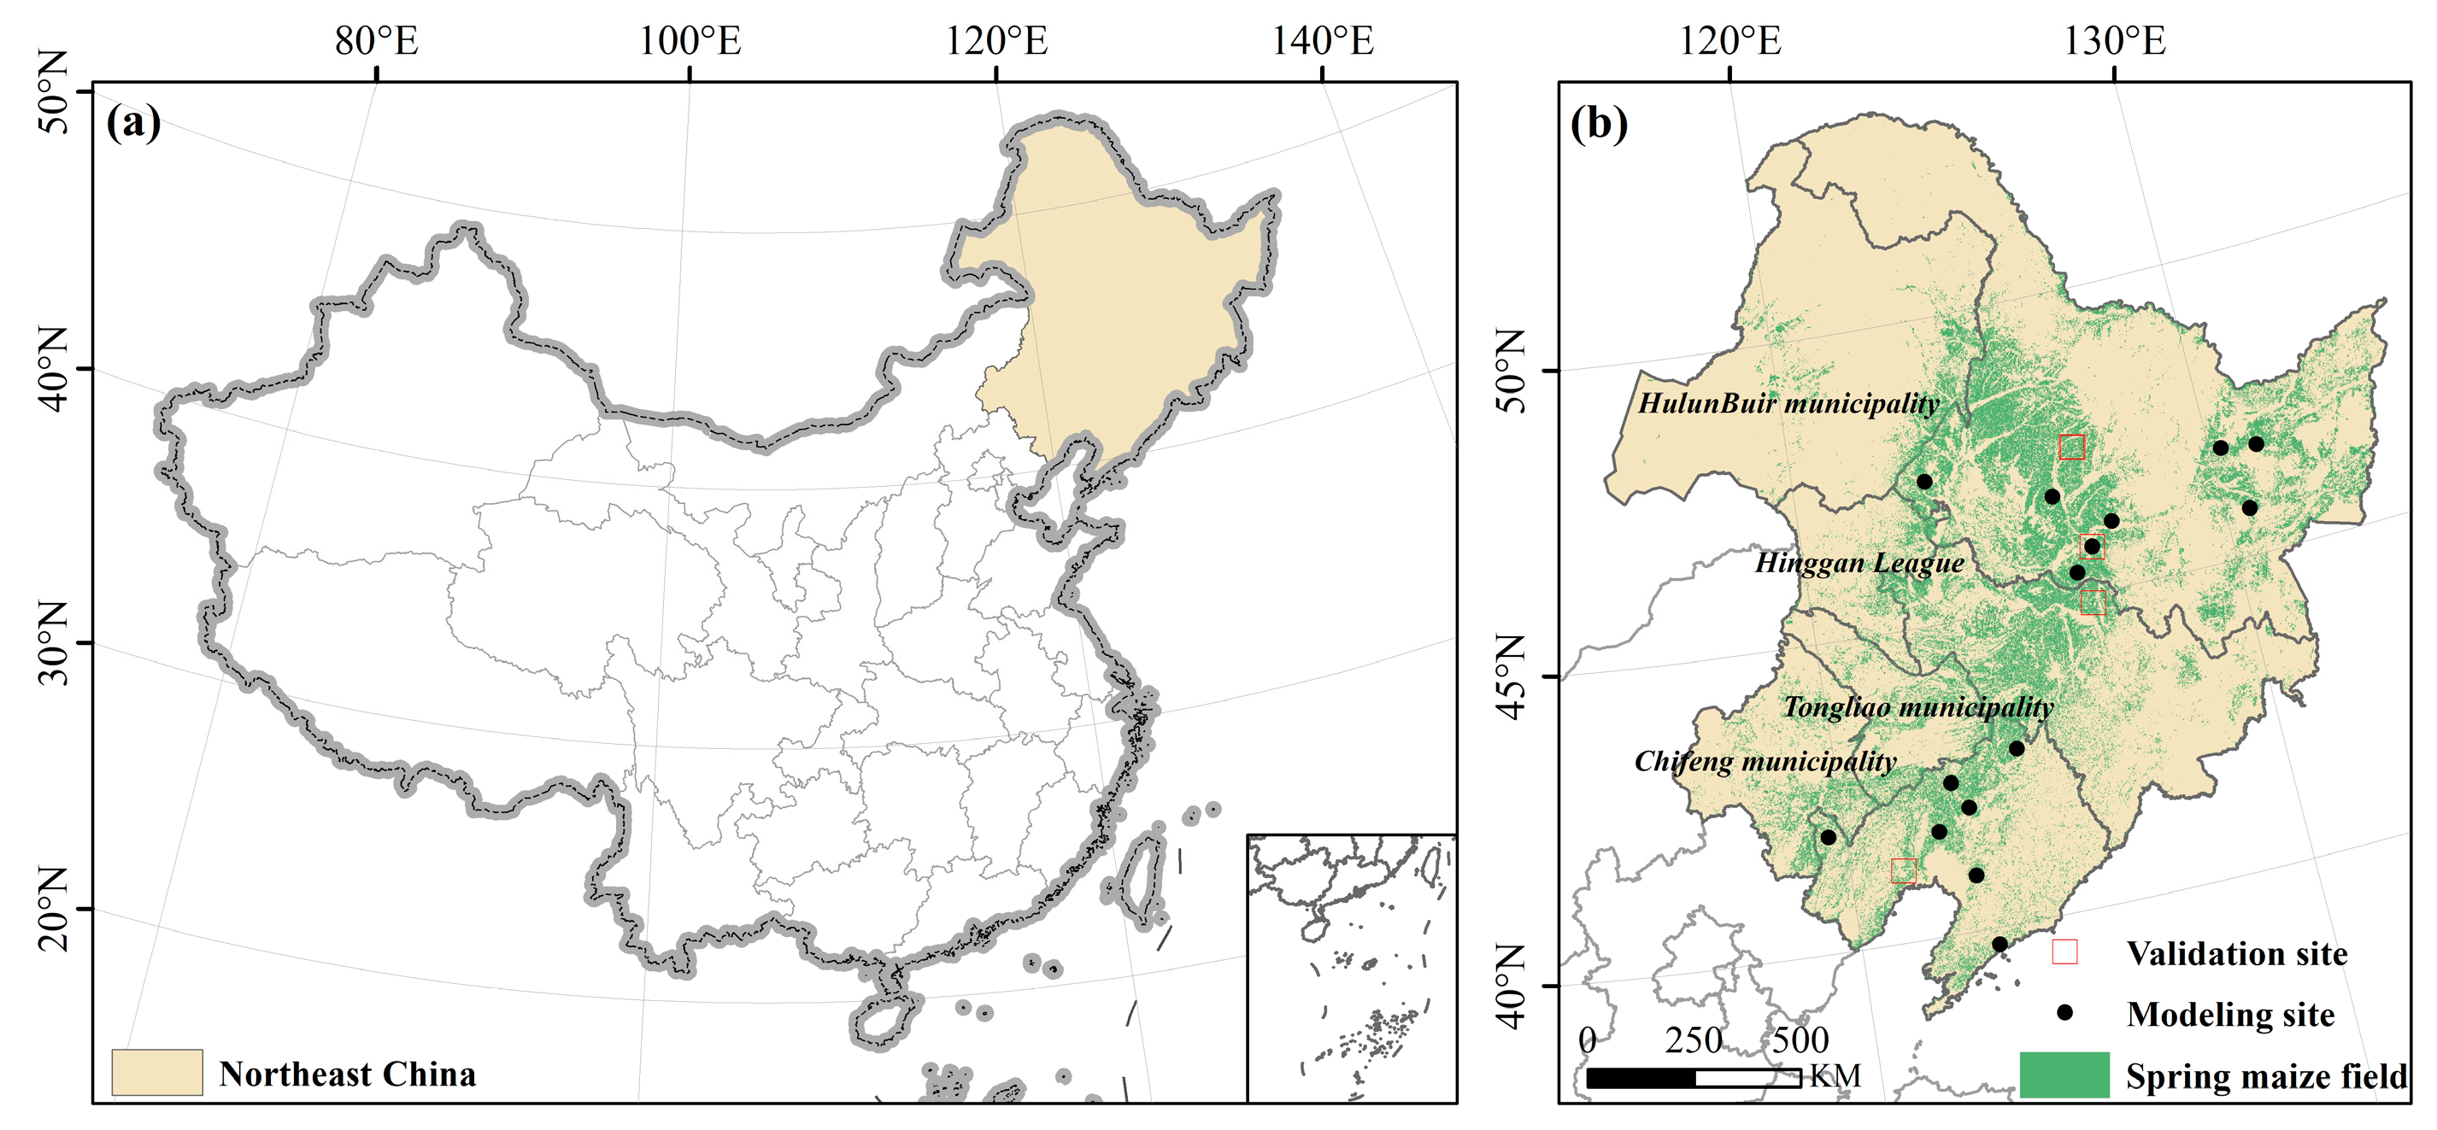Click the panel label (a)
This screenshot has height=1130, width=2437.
point(133,122)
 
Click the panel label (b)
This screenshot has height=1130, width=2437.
point(1598,123)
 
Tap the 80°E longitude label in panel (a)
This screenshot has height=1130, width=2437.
point(377,41)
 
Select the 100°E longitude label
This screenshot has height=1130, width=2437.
point(690,41)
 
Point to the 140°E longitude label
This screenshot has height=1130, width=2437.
point(1322,41)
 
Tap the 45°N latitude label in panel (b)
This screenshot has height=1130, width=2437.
point(1512,677)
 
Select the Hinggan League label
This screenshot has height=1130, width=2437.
point(1860,564)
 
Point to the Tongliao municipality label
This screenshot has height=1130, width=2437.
point(1917,707)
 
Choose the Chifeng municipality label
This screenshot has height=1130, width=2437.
point(1765,761)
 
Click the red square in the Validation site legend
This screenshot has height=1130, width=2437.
point(2064,951)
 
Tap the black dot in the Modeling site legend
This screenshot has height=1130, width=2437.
point(2064,1013)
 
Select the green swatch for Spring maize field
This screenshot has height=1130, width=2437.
point(2064,1075)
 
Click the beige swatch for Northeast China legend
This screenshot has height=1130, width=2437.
point(157,1072)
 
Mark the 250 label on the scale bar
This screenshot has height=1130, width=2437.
point(1694,1040)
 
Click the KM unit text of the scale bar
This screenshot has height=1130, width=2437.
point(1835,1076)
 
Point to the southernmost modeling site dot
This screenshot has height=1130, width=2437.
point(1999,944)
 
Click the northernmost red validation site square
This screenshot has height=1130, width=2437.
point(2071,448)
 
